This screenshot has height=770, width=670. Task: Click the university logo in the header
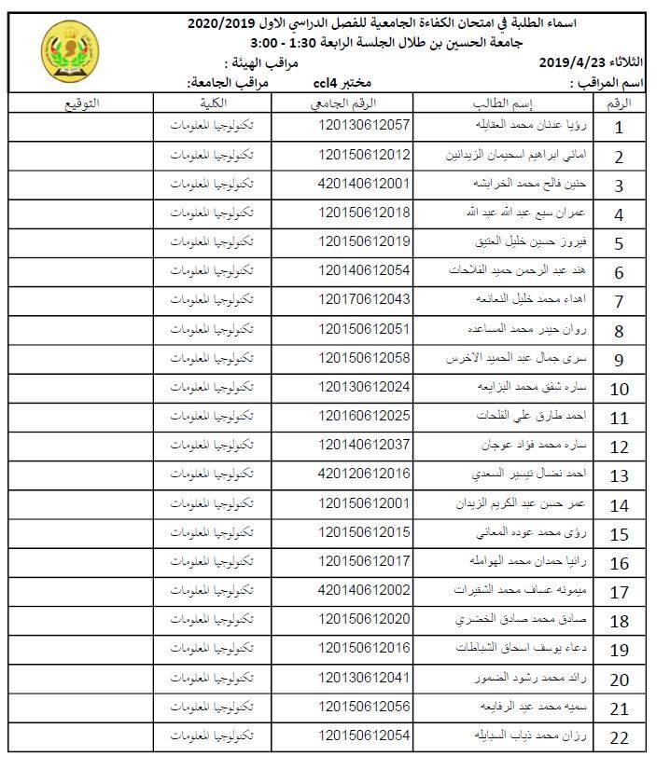point(65,48)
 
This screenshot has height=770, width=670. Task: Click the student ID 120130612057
point(364,124)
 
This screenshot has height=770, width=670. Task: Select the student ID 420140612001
point(364,184)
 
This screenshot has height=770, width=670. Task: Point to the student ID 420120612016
point(364,474)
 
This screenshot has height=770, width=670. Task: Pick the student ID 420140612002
point(364,590)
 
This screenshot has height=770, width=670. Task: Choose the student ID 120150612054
point(364,736)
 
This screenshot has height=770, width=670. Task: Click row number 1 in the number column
point(619,128)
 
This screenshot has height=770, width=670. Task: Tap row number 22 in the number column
point(619,739)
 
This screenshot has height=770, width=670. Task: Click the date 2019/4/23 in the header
point(584,62)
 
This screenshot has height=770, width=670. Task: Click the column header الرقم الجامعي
point(364,103)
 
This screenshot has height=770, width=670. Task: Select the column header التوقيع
point(81,103)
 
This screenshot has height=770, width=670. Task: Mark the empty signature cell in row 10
point(81,387)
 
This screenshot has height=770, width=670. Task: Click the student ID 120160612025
point(364,416)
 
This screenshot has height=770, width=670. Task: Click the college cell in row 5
point(214,241)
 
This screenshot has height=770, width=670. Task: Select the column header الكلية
point(214,103)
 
